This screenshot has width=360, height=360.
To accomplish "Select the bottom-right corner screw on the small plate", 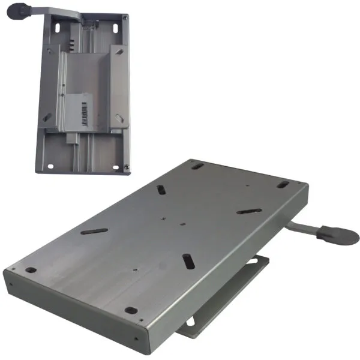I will [127, 162].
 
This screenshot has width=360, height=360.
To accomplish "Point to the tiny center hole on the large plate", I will [182, 226].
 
